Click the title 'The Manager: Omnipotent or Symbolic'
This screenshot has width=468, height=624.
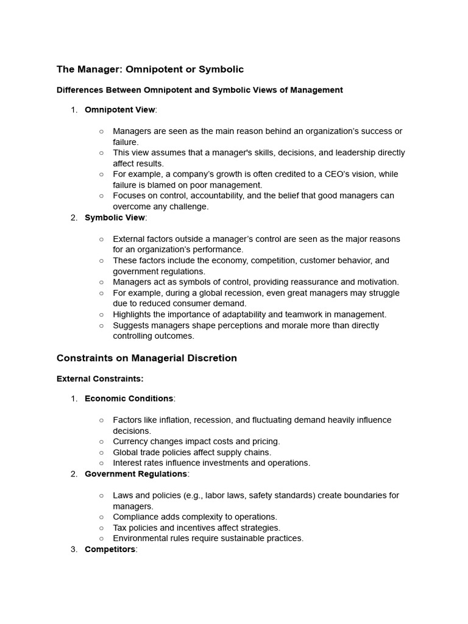point(150,69)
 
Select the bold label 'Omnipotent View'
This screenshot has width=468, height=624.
point(120,110)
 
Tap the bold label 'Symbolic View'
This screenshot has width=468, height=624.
point(115,218)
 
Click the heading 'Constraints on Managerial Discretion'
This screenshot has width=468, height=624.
point(146,358)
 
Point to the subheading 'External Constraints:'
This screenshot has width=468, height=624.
point(100,378)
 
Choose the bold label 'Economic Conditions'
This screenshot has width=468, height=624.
point(129,399)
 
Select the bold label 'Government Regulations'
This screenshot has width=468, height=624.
point(135,473)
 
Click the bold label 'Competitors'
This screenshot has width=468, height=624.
point(110,549)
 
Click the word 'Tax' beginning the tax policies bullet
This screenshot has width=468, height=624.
point(120,528)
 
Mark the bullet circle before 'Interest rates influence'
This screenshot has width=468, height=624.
point(101,463)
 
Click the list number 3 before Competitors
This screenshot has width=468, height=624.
point(74,549)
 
